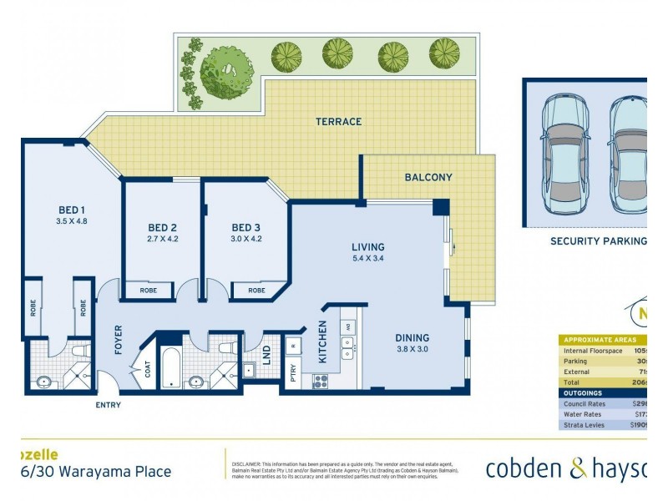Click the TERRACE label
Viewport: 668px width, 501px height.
tap(338, 122)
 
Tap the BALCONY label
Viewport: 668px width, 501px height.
tap(428, 178)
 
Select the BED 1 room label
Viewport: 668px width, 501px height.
tap(70, 210)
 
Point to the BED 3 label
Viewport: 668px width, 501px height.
tap(246, 228)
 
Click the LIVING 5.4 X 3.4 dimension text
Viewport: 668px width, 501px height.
tap(367, 259)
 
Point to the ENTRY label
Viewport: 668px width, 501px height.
tap(108, 405)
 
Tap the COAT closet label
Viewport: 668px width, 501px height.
tap(147, 369)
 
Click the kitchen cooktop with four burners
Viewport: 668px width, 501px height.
tap(320, 381)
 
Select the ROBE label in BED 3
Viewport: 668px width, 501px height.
tap(256, 291)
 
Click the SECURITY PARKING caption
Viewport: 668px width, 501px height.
tap(598, 240)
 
